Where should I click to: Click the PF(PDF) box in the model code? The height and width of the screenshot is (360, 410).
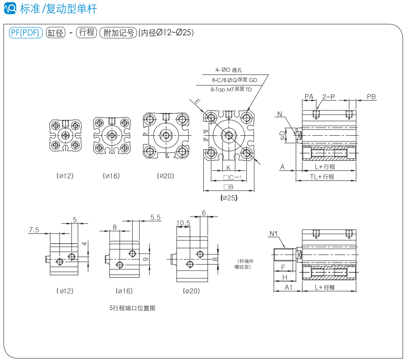click(x=26, y=33)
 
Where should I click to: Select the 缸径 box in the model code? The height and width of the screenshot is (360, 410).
click(x=56, y=33)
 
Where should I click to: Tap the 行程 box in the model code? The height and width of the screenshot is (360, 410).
click(x=86, y=32)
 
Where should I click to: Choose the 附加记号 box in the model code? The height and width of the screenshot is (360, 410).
click(x=118, y=33)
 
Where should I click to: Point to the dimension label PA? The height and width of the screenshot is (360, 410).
click(x=309, y=96)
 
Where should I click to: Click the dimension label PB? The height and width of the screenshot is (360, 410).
click(x=371, y=96)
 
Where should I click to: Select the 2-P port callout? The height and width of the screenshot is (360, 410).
click(x=329, y=96)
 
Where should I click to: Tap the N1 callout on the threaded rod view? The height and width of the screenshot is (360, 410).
click(x=274, y=233)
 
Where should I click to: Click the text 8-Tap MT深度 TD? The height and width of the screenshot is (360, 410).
click(x=231, y=89)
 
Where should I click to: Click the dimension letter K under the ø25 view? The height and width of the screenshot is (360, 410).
click(x=228, y=168)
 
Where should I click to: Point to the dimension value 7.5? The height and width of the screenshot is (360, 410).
click(x=34, y=229)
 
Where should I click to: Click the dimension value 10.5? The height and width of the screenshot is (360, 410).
click(x=183, y=223)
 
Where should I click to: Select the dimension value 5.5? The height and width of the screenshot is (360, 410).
click(x=155, y=217)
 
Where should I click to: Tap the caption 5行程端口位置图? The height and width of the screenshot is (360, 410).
click(x=132, y=308)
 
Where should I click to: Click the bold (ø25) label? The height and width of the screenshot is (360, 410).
click(x=229, y=198)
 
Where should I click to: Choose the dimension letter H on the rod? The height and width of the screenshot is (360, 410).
click(x=284, y=277)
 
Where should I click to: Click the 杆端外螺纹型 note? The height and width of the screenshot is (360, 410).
click(x=244, y=264)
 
